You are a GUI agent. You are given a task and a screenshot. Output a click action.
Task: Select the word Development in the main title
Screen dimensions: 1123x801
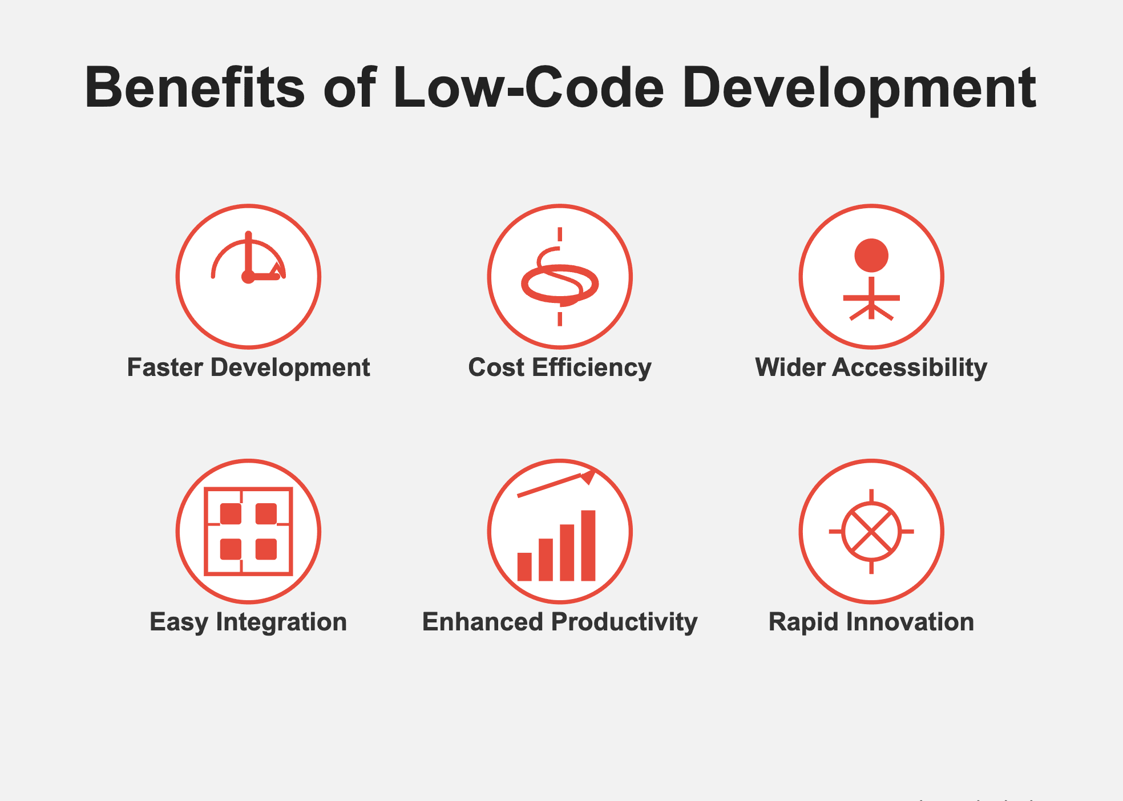[859, 90]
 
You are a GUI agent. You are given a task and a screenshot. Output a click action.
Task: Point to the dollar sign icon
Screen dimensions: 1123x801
[560, 277]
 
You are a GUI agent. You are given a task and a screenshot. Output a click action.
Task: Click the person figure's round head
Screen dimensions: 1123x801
[871, 255]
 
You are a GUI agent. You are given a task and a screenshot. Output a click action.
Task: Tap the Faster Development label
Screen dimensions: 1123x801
[248, 368]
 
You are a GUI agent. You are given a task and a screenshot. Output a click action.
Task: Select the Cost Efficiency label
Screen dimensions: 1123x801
[560, 368]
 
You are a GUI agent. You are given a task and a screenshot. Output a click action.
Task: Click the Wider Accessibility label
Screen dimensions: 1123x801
[871, 368]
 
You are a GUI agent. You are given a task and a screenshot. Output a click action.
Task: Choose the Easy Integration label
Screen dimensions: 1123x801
[248, 622]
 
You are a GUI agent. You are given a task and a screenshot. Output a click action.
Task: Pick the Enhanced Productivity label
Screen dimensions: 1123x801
[560, 622]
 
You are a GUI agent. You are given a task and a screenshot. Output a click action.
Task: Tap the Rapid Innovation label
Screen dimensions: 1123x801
[871, 622]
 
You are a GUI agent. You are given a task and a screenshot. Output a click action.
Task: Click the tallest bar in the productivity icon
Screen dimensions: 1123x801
[588, 545]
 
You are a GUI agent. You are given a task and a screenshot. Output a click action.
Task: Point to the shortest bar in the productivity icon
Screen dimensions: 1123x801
[524, 567]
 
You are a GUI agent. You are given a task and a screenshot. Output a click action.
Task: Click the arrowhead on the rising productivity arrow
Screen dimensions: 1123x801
[588, 476]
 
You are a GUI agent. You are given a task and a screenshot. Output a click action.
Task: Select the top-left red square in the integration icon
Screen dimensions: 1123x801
[231, 513]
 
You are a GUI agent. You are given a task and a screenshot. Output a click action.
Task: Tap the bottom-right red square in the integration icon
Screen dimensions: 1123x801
[266, 549]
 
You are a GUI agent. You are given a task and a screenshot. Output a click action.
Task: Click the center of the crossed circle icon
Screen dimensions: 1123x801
[871, 531]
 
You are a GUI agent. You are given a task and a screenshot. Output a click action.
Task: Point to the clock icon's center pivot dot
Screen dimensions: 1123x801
[248, 277]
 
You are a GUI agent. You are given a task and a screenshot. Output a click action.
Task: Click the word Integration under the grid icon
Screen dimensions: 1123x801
[281, 622]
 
